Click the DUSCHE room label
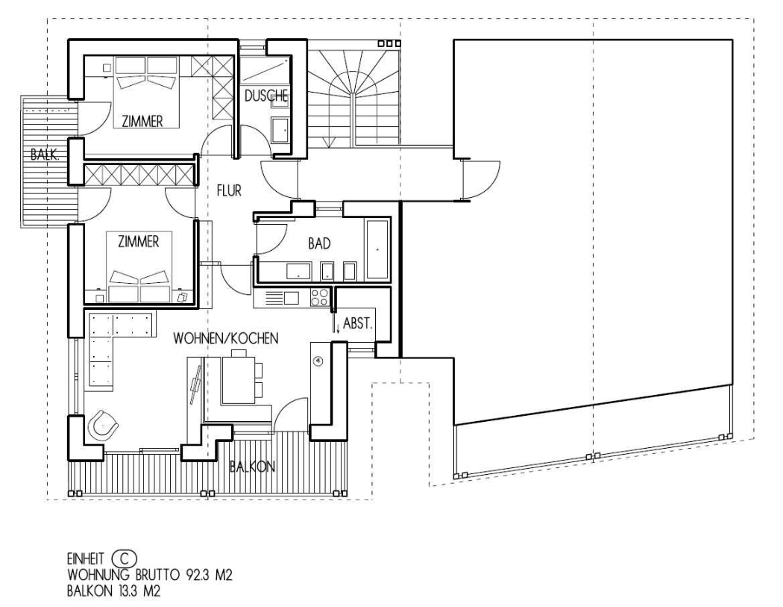pyautogui.click(x=265, y=96)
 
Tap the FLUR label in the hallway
pyautogui.click(x=229, y=190)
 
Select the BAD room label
pyautogui.click(x=319, y=243)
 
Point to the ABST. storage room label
pyautogui.click(x=358, y=323)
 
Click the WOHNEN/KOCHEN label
pyautogui.click(x=226, y=338)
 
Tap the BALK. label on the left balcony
pyautogui.click(x=45, y=155)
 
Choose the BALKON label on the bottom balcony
pyautogui.click(x=252, y=467)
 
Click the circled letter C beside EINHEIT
pyautogui.click(x=125, y=558)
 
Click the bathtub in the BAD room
pyautogui.click(x=377, y=249)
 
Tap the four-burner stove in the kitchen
pyautogui.click(x=320, y=298)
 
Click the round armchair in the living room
pyautogui.click(x=104, y=425)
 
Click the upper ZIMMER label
pyautogui.click(x=142, y=122)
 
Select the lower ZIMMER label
pyautogui.click(x=138, y=242)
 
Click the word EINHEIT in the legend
pyautogui.click(x=86, y=558)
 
